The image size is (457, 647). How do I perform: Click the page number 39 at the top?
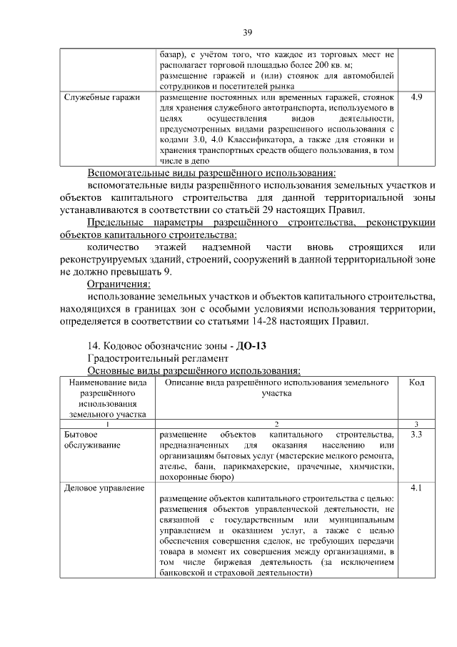(248, 32)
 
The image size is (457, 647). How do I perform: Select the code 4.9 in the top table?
(417, 96)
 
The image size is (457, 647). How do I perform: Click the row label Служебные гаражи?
(101, 96)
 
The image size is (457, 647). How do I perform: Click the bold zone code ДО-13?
(250, 346)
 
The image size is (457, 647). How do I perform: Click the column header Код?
(417, 383)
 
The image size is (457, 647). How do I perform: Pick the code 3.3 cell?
(417, 434)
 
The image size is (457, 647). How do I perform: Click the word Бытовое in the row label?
(81, 434)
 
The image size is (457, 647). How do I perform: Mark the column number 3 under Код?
(417, 424)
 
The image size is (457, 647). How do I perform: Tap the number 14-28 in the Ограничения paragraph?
(261, 321)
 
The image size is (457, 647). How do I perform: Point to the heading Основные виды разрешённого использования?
(194, 370)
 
